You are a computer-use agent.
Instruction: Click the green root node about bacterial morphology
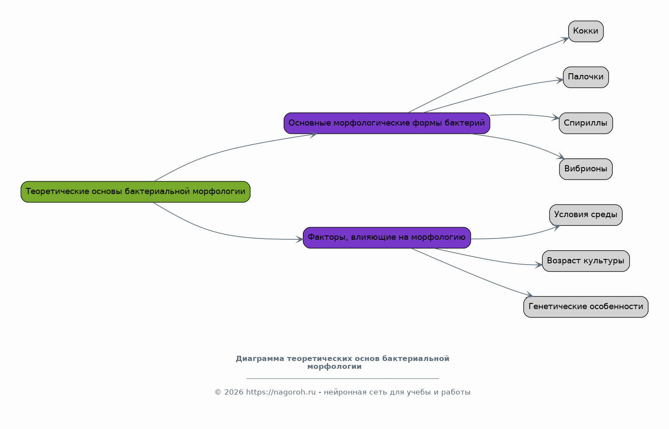coord(135,191)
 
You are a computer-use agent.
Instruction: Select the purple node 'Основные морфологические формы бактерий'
coord(387,123)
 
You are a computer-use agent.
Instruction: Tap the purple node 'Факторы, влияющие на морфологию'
coord(387,238)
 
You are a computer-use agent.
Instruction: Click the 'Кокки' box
coord(586,31)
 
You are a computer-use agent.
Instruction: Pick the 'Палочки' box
coord(586,77)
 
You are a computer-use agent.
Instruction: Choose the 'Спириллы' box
coord(586,123)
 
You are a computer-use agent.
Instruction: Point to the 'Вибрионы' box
coord(586,169)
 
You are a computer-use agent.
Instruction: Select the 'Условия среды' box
coord(586,215)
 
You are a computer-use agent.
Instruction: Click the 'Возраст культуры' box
coord(586,261)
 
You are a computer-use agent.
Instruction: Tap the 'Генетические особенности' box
coord(586,307)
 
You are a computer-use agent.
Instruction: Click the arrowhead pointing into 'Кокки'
coord(565,39)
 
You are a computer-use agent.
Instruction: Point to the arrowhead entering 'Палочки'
coord(560,80)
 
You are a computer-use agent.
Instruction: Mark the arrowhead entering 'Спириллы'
coord(556,117)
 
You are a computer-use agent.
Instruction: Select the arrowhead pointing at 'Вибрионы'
coord(561,157)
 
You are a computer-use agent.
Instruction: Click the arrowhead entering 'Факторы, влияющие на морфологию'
coord(299,239)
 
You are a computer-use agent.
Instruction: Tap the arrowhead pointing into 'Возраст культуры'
coord(539,265)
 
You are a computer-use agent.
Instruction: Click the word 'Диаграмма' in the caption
coord(260,359)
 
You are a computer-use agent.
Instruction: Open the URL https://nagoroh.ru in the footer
coord(281,392)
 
